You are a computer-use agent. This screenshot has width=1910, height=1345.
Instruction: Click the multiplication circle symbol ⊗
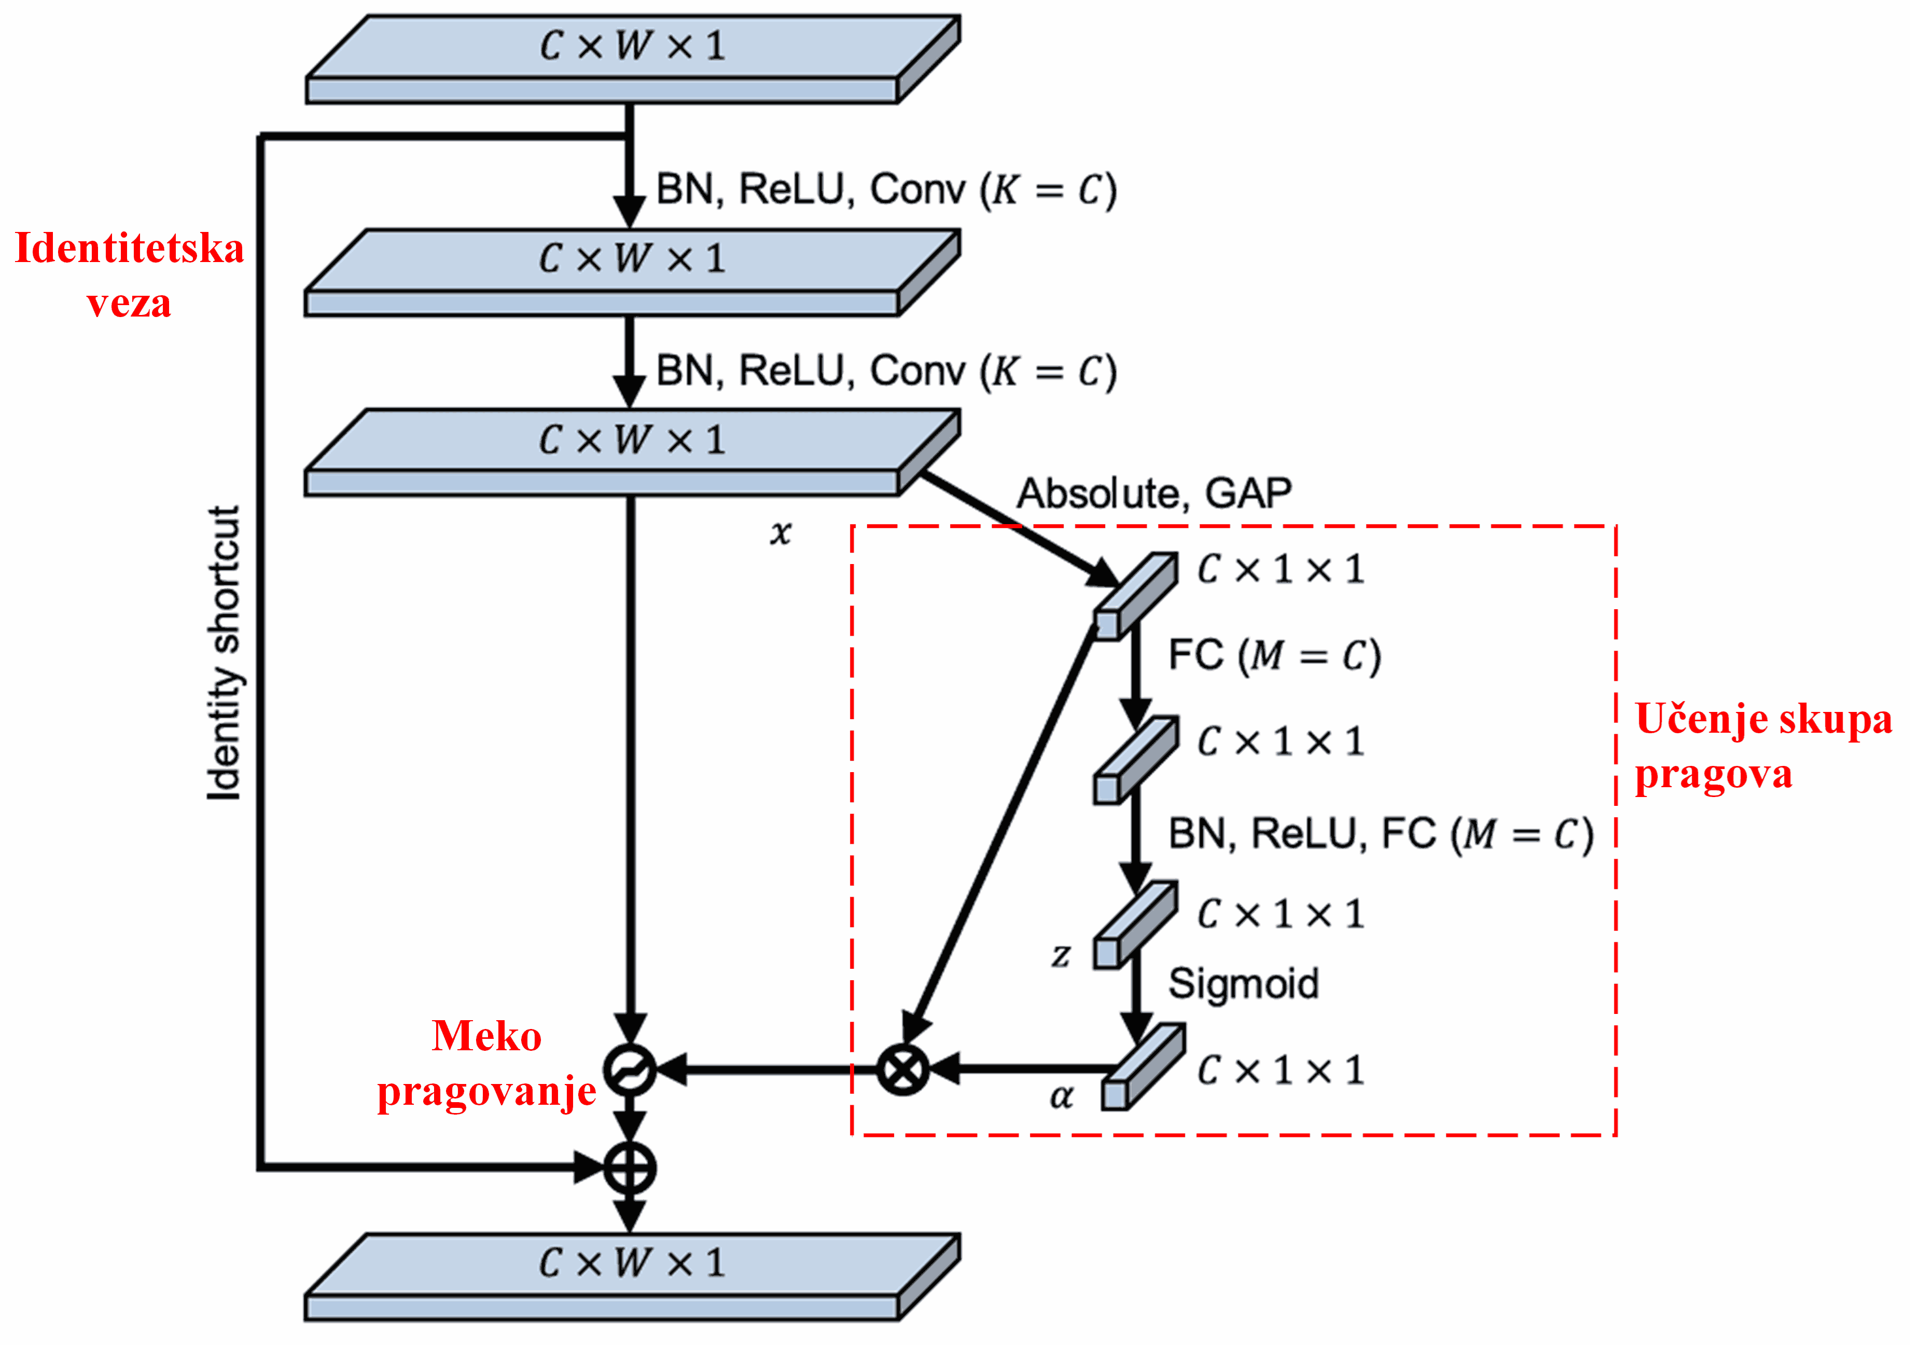[x=902, y=1068]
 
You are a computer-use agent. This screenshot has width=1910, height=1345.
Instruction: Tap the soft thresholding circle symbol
[x=629, y=1069]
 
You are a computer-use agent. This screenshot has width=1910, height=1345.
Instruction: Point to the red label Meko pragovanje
[x=486, y=1064]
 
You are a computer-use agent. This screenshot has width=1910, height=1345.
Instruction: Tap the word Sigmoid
[x=1244, y=984]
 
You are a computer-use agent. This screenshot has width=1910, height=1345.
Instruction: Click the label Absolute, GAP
[x=1154, y=493]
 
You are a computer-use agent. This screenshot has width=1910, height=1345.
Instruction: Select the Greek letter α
[x=1061, y=1097]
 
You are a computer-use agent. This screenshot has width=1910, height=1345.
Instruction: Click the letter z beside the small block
[x=1060, y=955]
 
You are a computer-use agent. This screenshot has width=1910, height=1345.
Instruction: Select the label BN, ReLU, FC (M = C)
[x=1381, y=834]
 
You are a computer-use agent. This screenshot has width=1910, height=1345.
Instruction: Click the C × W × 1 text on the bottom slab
[x=632, y=1264]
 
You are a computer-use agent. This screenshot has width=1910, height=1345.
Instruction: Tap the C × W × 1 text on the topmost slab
[x=632, y=45]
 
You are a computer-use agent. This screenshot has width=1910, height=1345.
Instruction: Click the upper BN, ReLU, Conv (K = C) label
[x=886, y=190]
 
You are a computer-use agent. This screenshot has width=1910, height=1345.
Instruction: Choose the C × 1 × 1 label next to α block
[x=1281, y=1071]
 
